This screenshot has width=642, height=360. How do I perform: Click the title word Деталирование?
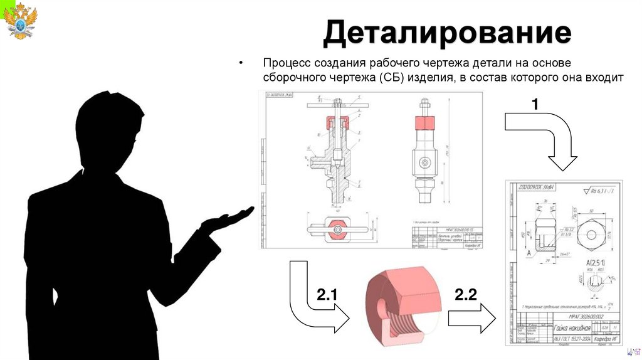[447, 34]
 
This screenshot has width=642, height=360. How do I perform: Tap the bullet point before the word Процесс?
[239, 64]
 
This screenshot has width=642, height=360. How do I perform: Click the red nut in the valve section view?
[335, 120]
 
